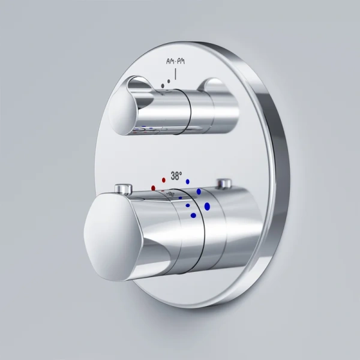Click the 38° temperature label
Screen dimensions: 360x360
(x=176, y=176)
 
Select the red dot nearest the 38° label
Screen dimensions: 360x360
(x=164, y=179)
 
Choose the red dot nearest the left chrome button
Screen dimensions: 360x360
(x=154, y=187)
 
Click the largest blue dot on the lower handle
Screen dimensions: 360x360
(x=207, y=207)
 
